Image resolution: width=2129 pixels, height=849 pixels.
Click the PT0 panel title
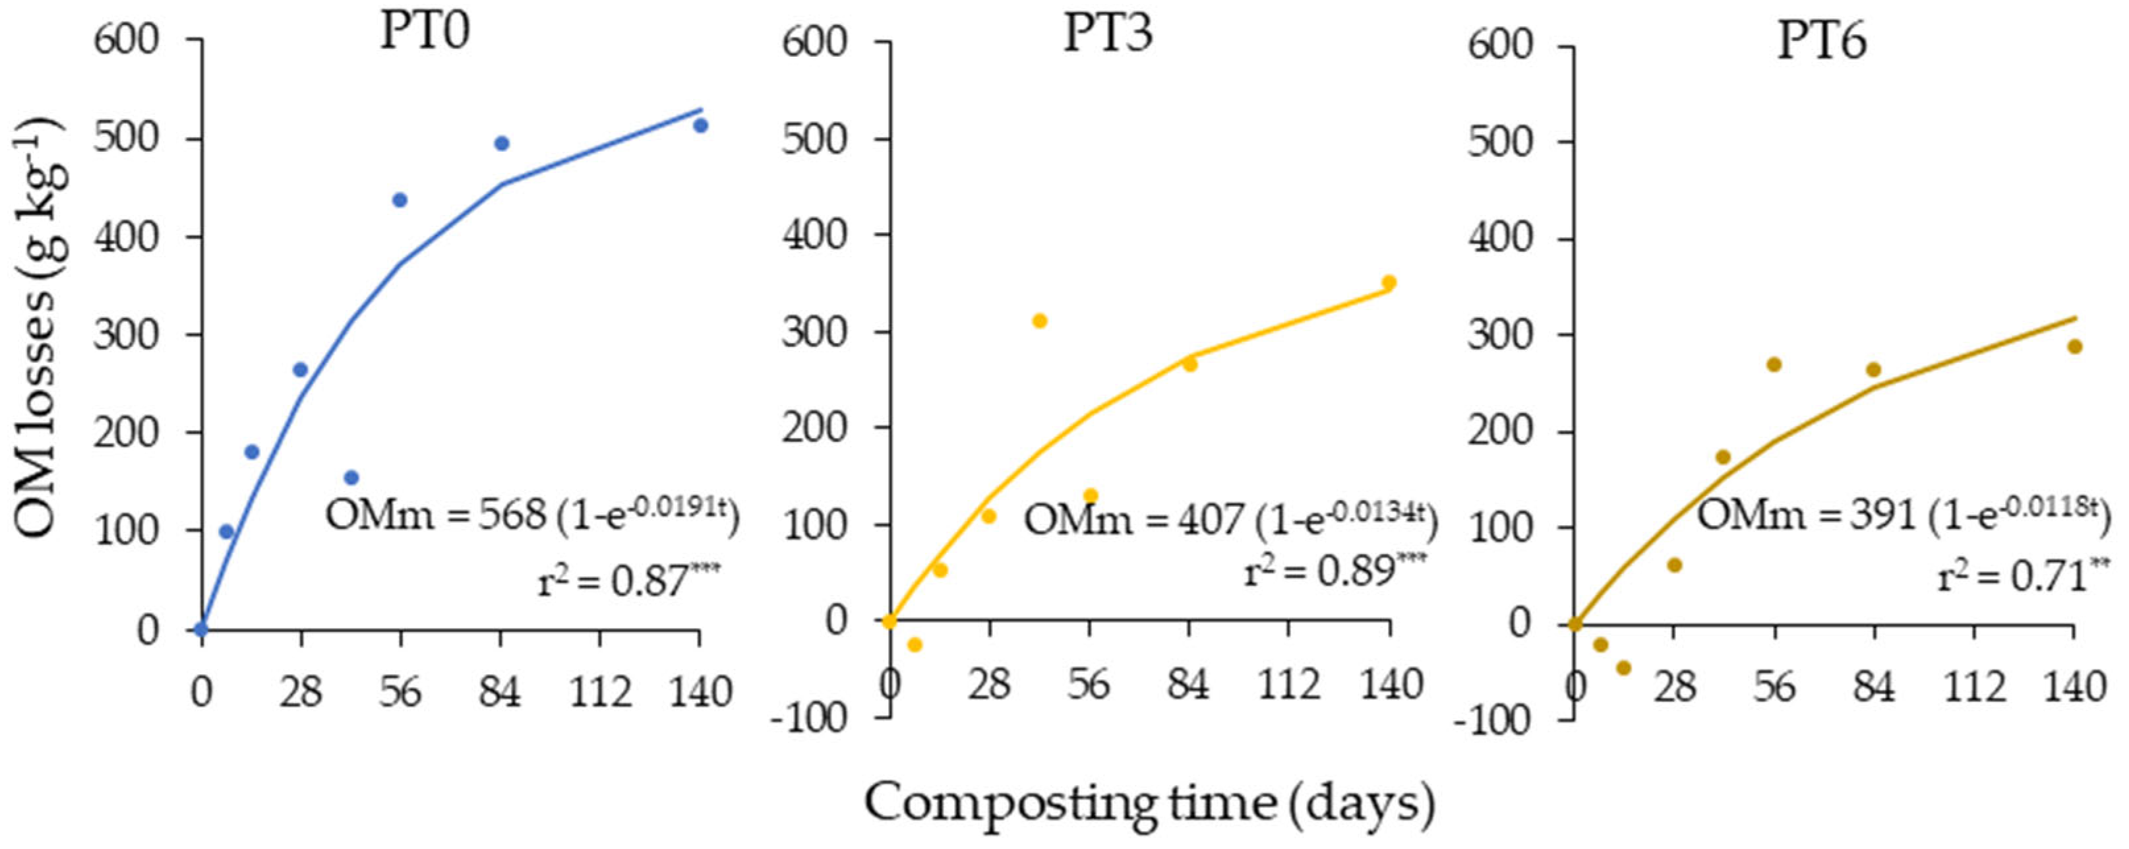tap(425, 34)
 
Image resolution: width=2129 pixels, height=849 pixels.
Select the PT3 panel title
tap(1108, 35)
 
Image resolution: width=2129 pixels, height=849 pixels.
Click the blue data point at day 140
tap(701, 125)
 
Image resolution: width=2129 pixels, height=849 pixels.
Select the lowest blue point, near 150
tap(351, 477)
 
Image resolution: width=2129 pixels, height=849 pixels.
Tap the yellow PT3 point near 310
tap(1040, 321)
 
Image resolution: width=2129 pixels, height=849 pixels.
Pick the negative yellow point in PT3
tap(914, 644)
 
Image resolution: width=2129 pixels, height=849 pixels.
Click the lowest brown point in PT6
tap(1623, 667)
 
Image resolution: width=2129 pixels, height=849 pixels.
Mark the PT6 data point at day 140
tap(2074, 346)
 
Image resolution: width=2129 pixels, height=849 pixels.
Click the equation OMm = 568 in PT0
tap(531, 515)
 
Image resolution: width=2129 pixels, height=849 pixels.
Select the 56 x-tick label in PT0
tap(401, 691)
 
